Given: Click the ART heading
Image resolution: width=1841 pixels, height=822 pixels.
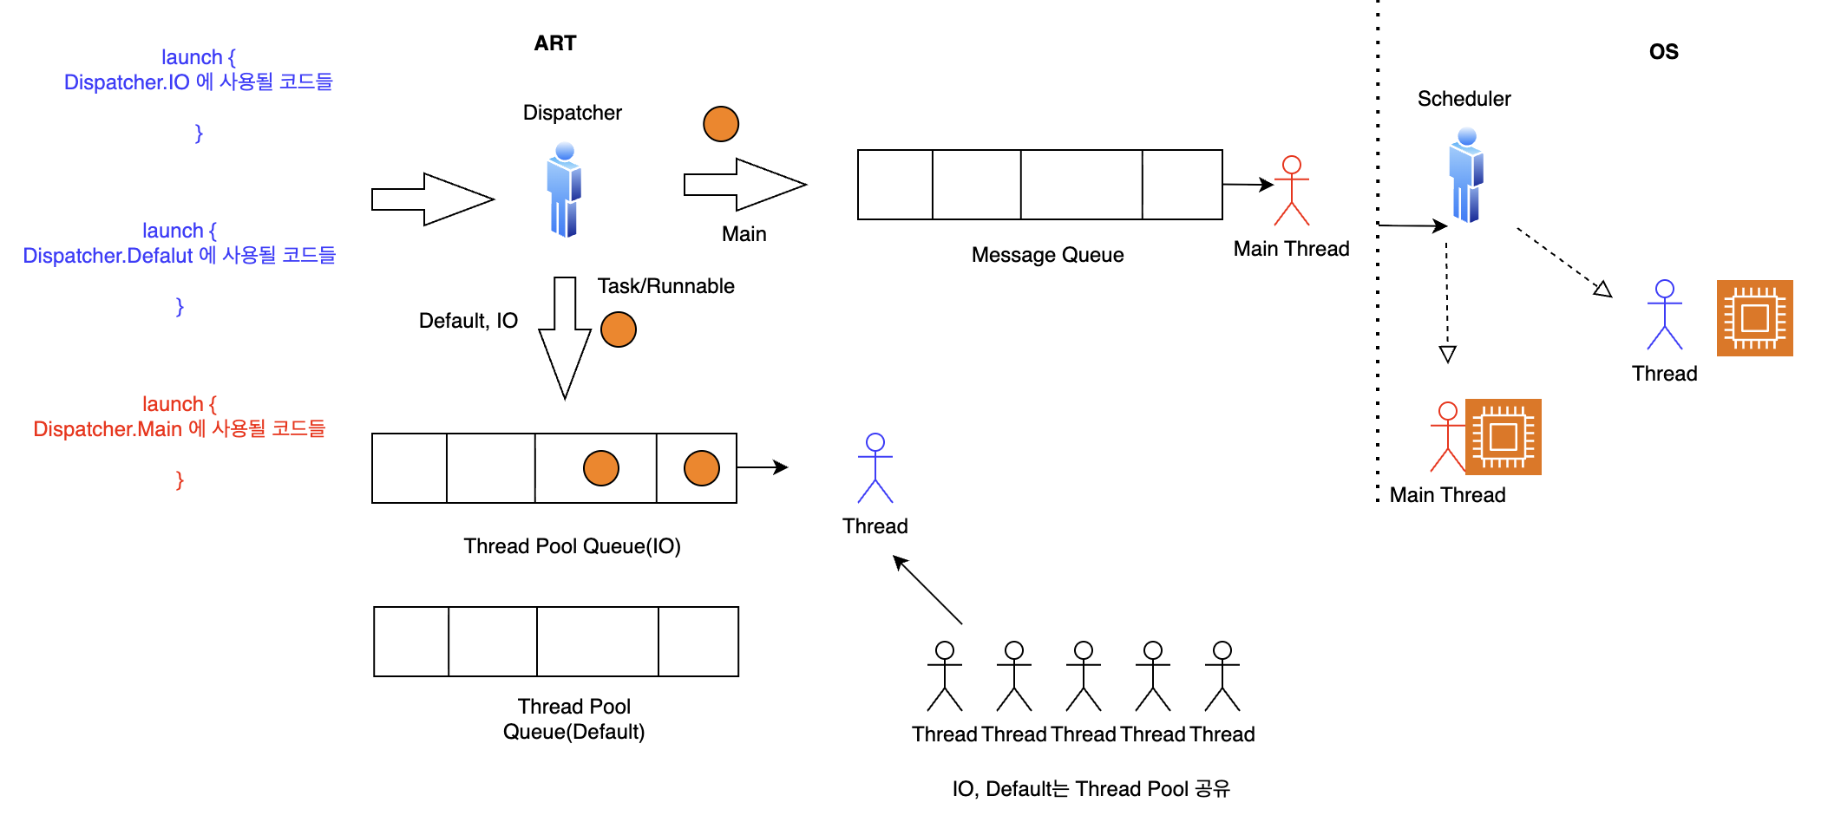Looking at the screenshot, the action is coord(555,43).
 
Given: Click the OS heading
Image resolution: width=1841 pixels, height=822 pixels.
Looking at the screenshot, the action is coord(1663,52).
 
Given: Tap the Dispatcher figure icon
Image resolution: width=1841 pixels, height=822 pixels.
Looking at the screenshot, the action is coord(564,190).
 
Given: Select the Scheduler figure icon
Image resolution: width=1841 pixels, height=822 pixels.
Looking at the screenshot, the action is coord(1466,175).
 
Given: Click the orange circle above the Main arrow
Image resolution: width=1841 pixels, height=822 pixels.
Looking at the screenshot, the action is coord(721,124).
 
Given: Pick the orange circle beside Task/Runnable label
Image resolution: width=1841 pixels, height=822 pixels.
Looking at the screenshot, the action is coord(619,329).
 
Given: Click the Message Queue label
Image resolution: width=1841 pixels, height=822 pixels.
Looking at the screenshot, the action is coord(1047,255).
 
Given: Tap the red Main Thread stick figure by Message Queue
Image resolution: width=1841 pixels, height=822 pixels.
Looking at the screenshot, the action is coord(1292,191).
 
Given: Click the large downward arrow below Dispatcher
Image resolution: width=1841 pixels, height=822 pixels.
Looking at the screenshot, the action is coord(565,337).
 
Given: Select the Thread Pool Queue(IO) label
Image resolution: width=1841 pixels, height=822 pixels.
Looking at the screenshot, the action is coord(572,546).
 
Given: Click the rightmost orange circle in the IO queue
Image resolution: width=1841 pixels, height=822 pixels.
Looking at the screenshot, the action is coord(702,468).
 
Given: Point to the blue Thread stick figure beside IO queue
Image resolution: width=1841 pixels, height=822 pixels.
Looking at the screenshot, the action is coord(875,468).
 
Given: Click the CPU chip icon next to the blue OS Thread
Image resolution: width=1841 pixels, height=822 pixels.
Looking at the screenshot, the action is coord(1754,318).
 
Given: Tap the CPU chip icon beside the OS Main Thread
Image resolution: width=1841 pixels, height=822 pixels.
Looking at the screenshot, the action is coord(1504,437).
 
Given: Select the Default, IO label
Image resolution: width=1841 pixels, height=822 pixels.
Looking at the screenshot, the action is coord(468,321).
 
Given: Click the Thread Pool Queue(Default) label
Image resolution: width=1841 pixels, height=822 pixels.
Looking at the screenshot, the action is coord(574,719).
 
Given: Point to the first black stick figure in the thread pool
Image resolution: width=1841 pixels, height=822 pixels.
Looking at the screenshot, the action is coord(945,676).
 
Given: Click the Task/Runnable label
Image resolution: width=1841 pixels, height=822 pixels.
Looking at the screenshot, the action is coord(665,286).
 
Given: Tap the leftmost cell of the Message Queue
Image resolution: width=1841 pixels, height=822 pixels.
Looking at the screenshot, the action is coord(895,185).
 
